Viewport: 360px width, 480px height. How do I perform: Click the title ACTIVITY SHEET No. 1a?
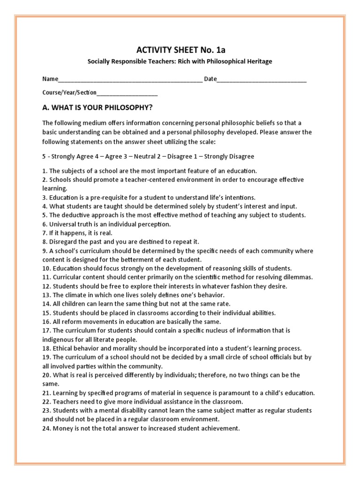[x=178, y=51]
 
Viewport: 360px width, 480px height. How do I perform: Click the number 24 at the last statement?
[x=46, y=427]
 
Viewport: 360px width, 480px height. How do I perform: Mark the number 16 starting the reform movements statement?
[x=46, y=322]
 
